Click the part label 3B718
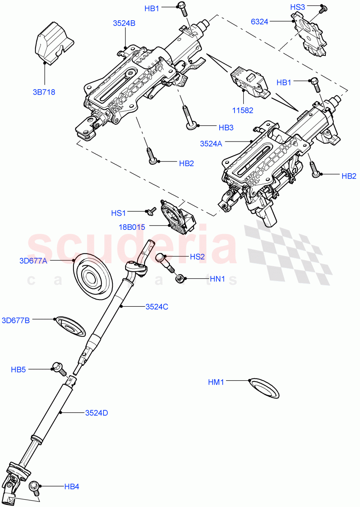click(44, 91)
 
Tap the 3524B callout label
click(124, 24)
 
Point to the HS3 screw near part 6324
click(323, 8)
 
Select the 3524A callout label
click(211, 144)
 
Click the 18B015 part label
click(132, 227)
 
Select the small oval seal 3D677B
click(71, 326)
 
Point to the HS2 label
click(197, 256)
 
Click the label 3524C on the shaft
click(157, 307)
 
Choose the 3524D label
click(96, 412)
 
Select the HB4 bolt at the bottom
click(35, 488)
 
